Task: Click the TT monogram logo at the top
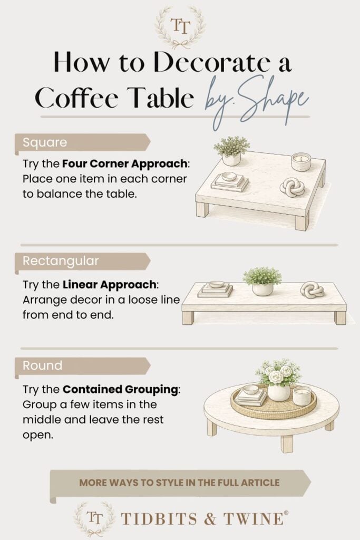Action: [x=180, y=27]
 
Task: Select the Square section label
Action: [x=45, y=142]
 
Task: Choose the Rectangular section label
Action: [x=61, y=261]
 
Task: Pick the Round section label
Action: [x=42, y=365]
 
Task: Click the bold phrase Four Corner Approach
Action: [x=124, y=163]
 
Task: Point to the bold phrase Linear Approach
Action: [x=109, y=284]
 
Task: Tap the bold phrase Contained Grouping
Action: [x=121, y=389]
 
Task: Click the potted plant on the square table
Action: [x=231, y=151]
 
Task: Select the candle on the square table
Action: [x=301, y=162]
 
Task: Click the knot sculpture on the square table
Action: [x=292, y=187]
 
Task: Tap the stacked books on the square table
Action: [x=229, y=181]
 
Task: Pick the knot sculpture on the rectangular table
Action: [x=312, y=290]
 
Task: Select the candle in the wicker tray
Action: [x=302, y=396]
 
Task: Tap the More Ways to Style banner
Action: [x=179, y=483]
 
